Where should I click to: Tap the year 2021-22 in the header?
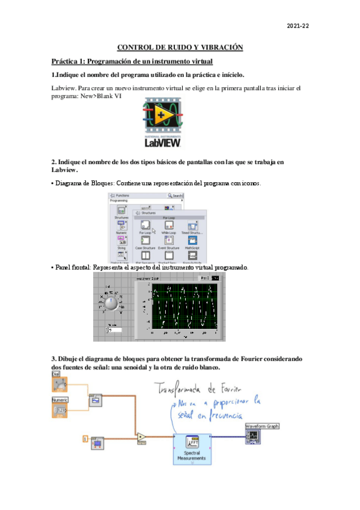pyautogui.click(x=297, y=26)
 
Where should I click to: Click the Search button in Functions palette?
pyautogui.click(x=175, y=195)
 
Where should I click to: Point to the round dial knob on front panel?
pyautogui.click(x=111, y=301)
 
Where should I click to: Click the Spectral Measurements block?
pyautogui.click(x=192, y=449)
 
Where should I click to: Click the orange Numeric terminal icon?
pyautogui.click(x=60, y=410)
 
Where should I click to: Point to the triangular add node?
pyautogui.click(x=141, y=436)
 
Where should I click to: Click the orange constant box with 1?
pyautogui.click(x=85, y=439)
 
